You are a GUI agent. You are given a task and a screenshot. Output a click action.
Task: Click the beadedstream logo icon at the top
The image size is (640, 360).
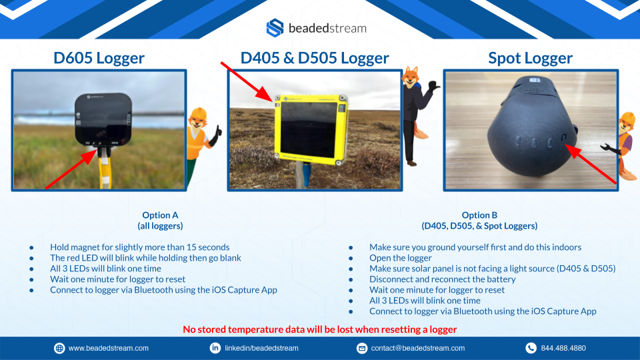click(x=275, y=28)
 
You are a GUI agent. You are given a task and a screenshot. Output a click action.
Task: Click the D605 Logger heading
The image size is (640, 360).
click(x=99, y=58)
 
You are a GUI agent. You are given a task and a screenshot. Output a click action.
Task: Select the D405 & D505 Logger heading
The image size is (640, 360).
click(x=314, y=58)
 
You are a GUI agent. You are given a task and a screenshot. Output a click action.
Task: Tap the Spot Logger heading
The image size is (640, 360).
click(x=530, y=58)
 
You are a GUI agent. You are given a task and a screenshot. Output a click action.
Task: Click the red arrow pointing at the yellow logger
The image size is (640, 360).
click(x=247, y=81)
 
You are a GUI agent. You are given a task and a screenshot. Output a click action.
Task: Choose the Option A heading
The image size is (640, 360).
click(x=160, y=221)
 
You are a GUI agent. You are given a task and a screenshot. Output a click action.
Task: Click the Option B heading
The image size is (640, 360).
click(x=479, y=221)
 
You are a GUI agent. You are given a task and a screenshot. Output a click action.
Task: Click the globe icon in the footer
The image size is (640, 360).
click(x=59, y=348)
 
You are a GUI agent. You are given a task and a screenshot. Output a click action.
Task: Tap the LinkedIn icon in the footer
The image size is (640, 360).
click(x=215, y=348)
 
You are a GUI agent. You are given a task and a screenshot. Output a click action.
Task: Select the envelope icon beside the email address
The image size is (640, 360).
click(x=361, y=348)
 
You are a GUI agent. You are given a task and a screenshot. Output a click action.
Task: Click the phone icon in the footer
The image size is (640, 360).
click(x=531, y=348)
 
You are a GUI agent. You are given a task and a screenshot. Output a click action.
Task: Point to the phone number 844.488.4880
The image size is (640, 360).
click(x=563, y=348)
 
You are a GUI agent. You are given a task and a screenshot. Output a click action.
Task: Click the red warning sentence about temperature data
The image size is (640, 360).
click(x=319, y=329)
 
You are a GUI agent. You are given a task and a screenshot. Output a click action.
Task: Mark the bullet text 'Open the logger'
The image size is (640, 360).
click(x=401, y=258)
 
